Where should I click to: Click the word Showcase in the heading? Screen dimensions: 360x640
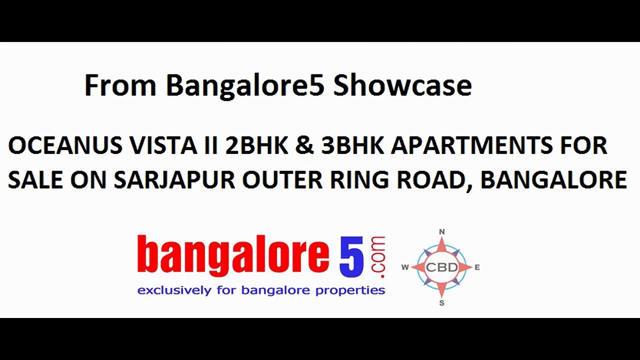pos(402,85)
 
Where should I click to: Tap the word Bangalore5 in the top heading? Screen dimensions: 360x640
pos(245,85)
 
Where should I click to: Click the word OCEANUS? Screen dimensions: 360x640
pos(65,146)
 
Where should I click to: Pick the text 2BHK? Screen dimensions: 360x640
pos(256,146)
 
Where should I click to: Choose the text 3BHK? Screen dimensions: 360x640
pos(352,146)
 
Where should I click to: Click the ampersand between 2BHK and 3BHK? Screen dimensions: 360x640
pos(304,146)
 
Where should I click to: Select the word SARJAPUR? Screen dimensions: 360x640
pos(174,180)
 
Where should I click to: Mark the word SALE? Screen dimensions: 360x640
pos(34,180)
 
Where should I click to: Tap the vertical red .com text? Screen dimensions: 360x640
pos(378,256)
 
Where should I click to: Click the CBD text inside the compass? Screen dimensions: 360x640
pos(441,267)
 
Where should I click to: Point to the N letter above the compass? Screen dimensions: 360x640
pos(441,232)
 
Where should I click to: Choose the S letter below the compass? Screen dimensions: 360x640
pos(441,303)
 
